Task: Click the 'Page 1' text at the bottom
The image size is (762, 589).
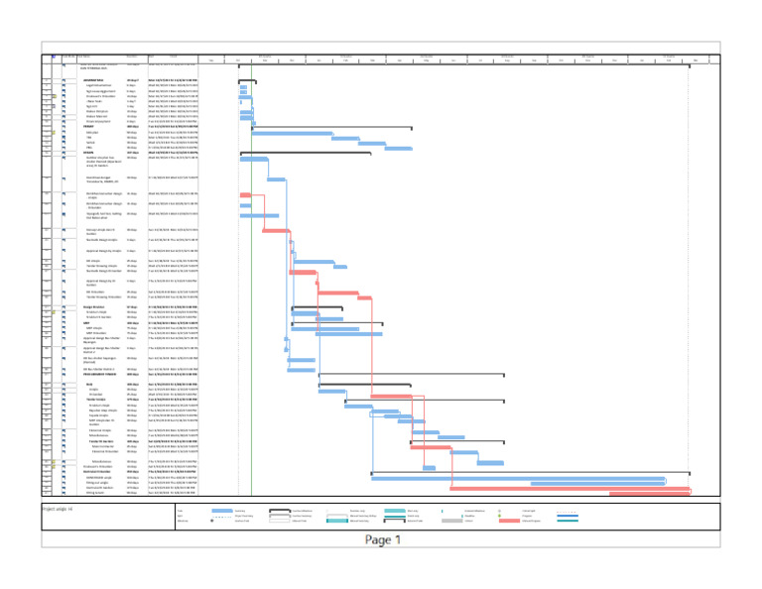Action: tap(381, 540)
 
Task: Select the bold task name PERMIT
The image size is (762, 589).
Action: tap(89, 128)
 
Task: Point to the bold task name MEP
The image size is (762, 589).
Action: tap(87, 323)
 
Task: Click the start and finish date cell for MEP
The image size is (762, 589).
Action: tap(174, 323)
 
